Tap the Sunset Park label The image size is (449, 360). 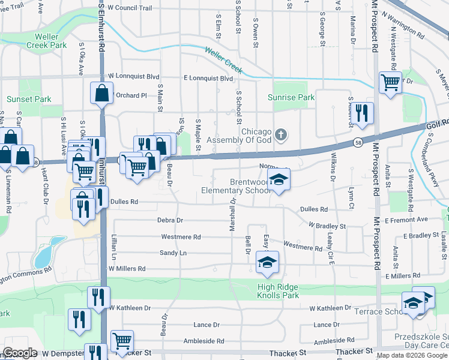coord(29,99)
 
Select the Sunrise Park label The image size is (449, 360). coord(291,97)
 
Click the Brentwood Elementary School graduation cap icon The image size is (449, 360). coord(279,179)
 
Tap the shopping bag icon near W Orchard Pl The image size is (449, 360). coord(101,93)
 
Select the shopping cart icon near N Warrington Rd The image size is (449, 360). coord(390,82)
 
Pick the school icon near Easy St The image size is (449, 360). coord(268,262)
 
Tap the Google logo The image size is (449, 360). coord(20,353)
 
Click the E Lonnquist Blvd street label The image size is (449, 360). coord(208,78)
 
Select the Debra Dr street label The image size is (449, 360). coord(170,220)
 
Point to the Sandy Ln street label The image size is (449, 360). coord(174,253)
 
